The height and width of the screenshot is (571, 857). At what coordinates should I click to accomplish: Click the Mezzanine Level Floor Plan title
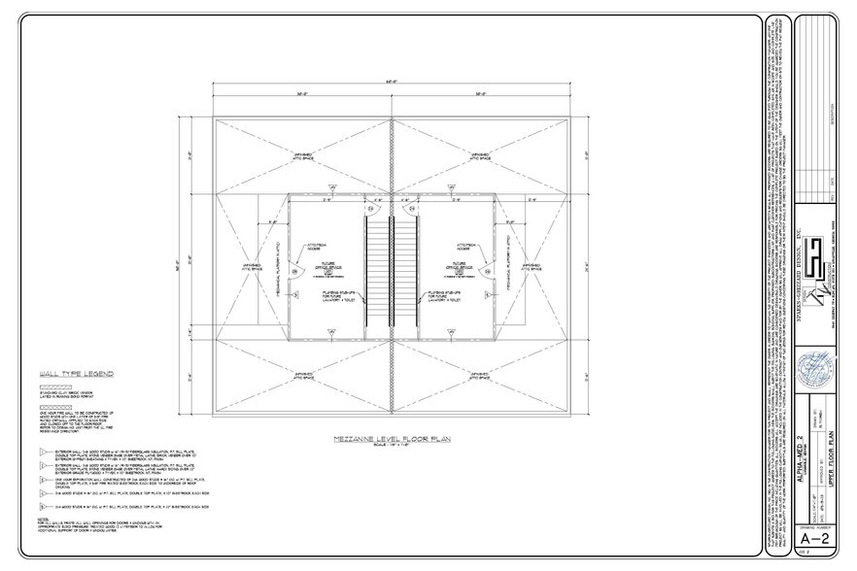[x=391, y=439]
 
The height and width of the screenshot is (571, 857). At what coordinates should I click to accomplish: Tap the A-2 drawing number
[x=817, y=536]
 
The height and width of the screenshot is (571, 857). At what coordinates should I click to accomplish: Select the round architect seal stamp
[x=816, y=371]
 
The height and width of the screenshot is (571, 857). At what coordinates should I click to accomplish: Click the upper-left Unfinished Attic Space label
[x=303, y=154]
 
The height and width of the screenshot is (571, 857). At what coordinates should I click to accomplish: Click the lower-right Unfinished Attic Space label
[x=479, y=370]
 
